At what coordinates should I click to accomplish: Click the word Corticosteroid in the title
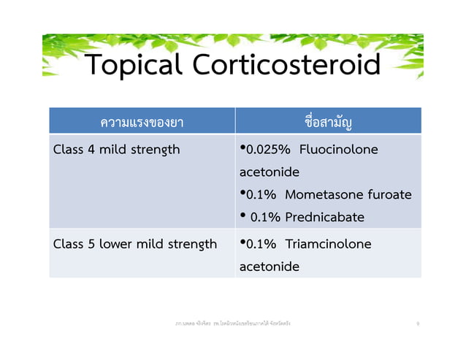click(286, 66)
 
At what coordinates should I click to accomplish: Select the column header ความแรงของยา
click(142, 121)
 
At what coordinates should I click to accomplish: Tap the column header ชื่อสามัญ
click(328, 121)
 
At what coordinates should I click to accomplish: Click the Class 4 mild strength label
click(116, 150)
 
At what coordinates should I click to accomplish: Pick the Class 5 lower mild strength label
click(135, 244)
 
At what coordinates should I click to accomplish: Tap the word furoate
click(389, 195)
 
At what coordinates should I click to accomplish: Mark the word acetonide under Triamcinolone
click(269, 267)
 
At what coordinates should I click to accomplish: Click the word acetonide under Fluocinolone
click(269, 172)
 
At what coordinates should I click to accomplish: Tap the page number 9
click(417, 323)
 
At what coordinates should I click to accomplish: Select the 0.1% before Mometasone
click(261, 195)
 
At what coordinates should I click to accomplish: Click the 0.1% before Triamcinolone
click(261, 244)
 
